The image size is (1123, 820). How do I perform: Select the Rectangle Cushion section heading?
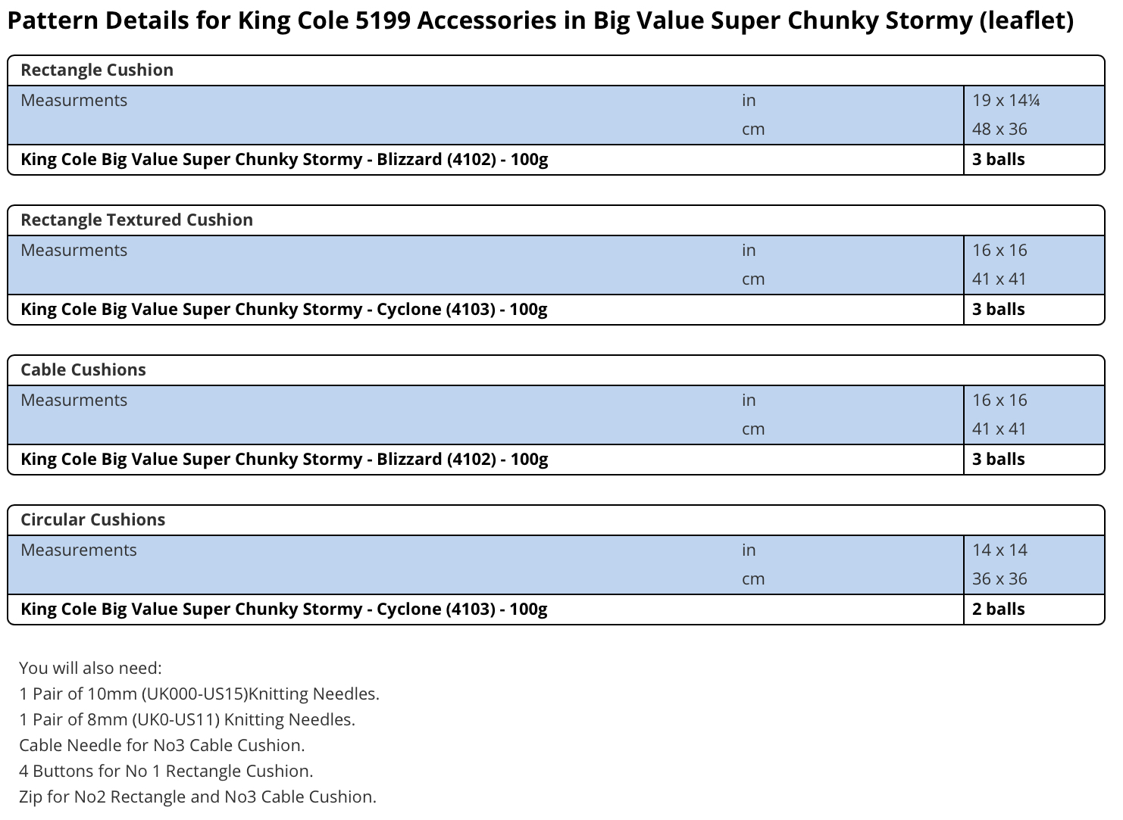97,70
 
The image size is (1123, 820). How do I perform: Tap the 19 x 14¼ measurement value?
1006,100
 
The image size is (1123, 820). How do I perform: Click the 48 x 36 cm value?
999,129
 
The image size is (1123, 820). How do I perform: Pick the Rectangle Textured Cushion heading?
137,220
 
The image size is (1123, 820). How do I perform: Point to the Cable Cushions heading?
83,369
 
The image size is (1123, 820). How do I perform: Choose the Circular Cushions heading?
92,519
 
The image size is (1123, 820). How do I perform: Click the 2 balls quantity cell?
998,609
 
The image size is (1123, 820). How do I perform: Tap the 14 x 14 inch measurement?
999,550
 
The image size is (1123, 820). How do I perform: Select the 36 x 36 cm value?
999,579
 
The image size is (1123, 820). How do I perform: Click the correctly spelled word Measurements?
79,550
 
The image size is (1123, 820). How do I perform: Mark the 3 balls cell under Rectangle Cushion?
998,159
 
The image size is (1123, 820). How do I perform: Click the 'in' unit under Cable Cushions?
749,401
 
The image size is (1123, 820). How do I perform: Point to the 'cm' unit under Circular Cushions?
753,579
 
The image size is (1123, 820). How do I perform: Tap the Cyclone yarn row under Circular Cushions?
283,609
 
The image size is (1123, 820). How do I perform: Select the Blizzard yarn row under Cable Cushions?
284,460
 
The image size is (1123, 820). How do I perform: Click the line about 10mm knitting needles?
199,694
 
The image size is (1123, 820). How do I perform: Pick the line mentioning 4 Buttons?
166,771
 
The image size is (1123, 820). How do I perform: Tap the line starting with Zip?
198,797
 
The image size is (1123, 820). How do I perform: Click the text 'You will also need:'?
90,668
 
